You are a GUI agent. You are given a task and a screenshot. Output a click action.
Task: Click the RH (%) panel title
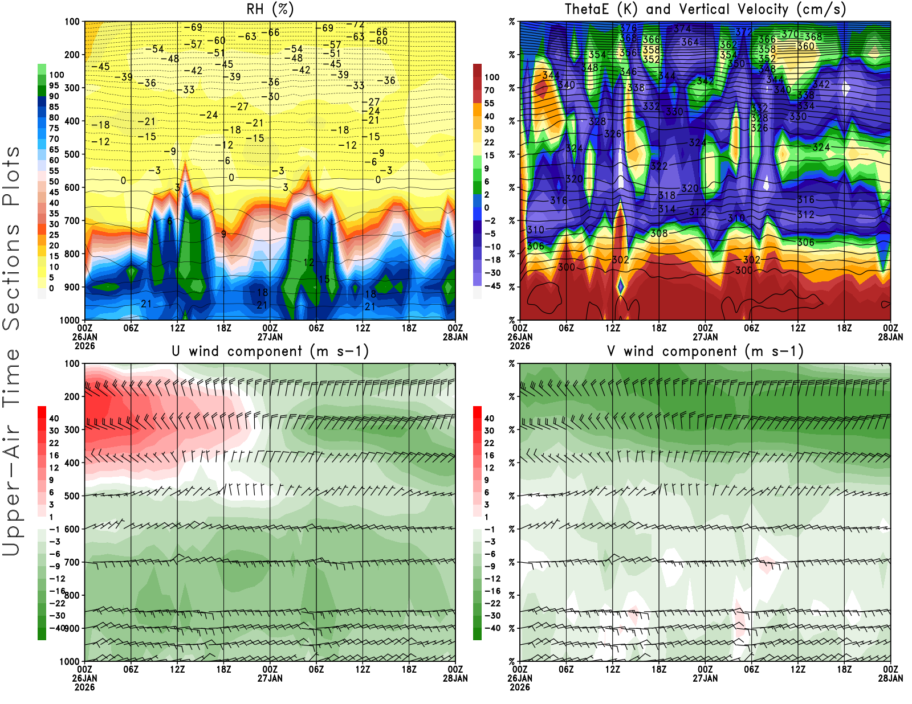(x=270, y=9)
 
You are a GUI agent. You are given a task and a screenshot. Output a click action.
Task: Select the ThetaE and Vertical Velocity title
(x=705, y=9)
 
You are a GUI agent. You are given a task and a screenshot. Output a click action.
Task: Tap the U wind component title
(x=270, y=351)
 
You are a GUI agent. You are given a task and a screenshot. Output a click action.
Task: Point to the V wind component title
(x=705, y=351)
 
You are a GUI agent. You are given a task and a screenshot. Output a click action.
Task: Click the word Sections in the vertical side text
(x=11, y=276)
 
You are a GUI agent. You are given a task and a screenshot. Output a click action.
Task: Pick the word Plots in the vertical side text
(x=11, y=177)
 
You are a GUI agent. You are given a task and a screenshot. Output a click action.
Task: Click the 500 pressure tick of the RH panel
(x=72, y=154)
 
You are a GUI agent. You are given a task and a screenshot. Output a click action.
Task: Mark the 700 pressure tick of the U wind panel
(x=72, y=562)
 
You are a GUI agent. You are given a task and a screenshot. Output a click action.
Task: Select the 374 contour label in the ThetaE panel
(x=682, y=28)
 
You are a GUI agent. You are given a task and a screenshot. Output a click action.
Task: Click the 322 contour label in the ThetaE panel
(x=659, y=166)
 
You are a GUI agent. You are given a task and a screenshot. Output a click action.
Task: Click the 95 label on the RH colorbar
(x=54, y=85)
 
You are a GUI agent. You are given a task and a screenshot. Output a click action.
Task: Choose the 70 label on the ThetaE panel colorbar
(x=489, y=90)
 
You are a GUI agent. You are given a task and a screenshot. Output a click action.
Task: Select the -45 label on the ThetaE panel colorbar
(x=492, y=286)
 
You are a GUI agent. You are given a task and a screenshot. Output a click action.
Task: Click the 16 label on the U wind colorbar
(x=54, y=455)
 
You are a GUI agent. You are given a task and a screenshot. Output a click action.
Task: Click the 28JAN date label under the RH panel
(x=455, y=337)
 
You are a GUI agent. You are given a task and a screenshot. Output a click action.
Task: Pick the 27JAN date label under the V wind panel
(x=705, y=678)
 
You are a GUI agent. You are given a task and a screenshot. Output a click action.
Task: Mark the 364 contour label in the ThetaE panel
(x=690, y=42)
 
